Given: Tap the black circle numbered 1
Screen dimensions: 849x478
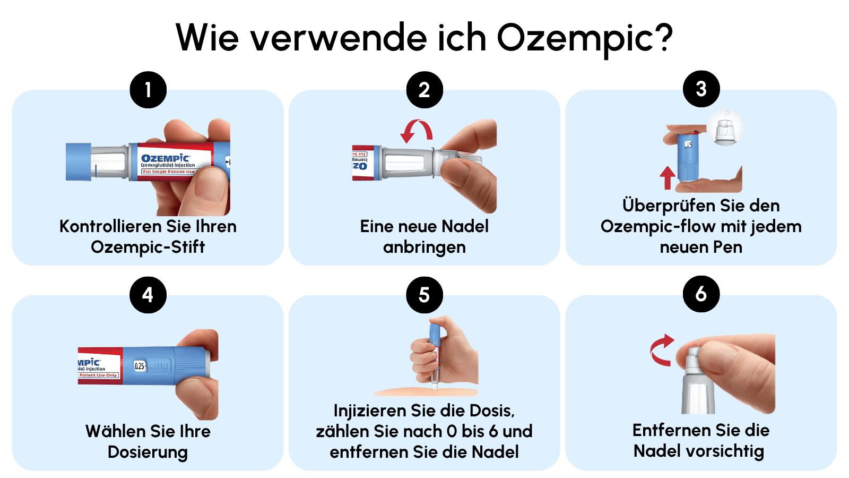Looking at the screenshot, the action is coord(148,90).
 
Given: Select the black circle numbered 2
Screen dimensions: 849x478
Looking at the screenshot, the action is coord(424,90).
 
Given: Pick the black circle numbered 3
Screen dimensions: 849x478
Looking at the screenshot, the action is coord(701,89).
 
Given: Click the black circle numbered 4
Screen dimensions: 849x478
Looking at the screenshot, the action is coord(148,295).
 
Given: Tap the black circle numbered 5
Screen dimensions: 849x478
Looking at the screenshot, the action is coord(424,295).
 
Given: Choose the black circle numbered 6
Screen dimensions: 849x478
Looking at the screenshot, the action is coord(701,294).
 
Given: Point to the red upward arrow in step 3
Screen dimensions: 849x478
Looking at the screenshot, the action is coord(668,178).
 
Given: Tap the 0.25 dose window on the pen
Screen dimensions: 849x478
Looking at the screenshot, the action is coord(140,366).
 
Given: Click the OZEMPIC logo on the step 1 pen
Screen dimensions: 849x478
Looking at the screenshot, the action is coord(165,158).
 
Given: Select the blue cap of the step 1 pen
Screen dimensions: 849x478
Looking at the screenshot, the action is coord(79,162).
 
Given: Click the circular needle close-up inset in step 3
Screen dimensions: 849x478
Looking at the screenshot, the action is coord(725,127).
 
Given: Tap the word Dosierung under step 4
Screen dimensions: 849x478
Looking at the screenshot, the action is coord(148,453).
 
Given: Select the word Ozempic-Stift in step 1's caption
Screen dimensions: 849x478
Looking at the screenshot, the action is coord(148,247).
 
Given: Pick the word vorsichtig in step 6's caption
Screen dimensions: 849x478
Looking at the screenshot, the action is coord(726,451).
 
